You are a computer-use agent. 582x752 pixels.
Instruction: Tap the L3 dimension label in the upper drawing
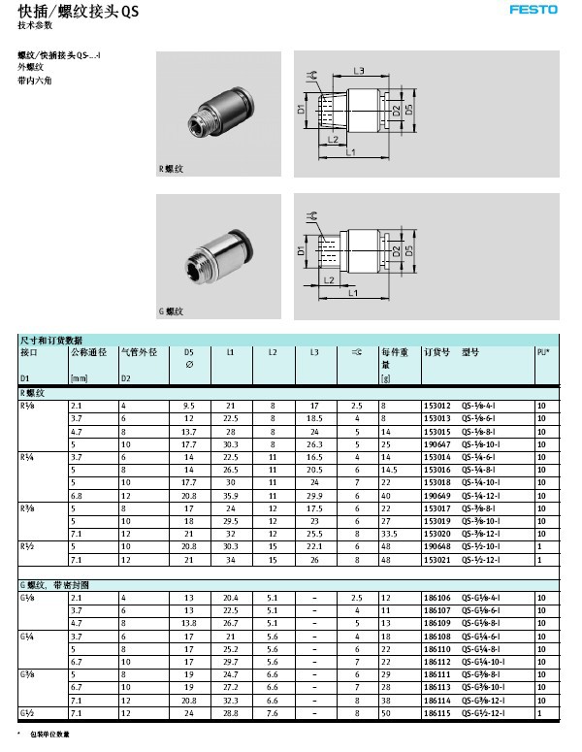[358, 71]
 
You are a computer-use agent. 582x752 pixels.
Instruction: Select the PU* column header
[543, 352]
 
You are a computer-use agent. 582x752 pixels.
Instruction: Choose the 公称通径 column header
[88, 352]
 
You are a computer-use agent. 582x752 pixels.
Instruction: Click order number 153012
[437, 405]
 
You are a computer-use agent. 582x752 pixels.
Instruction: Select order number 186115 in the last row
[437, 712]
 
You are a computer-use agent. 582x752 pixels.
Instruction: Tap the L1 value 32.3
[230, 699]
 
